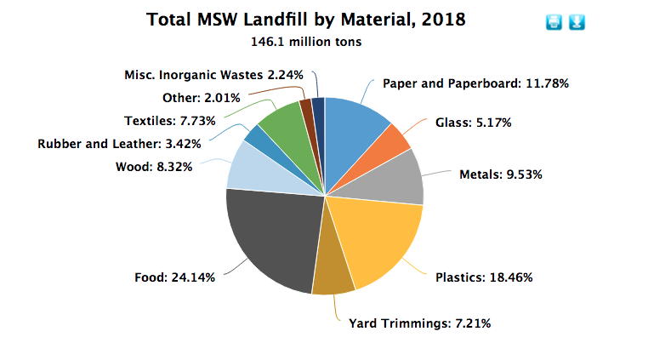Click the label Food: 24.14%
180,277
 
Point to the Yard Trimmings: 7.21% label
419,323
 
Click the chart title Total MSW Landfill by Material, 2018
306,20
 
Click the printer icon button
554,22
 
